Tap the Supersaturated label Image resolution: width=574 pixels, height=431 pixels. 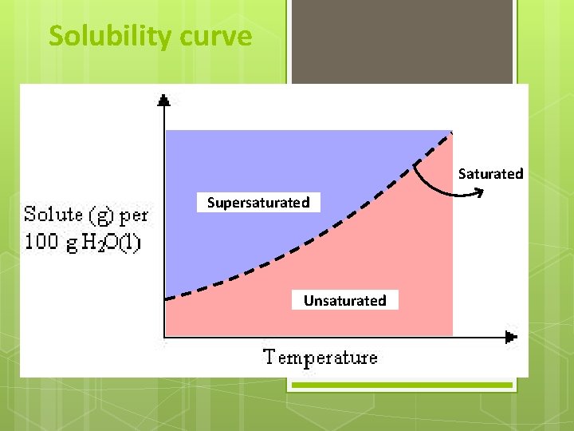[258, 203]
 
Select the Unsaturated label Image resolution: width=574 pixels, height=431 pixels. [344, 301]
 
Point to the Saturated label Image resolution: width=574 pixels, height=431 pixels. [490, 174]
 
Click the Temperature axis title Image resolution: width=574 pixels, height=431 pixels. [320, 357]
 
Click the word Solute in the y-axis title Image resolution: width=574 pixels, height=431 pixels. [53, 214]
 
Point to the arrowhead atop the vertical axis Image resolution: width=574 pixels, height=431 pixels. [163, 100]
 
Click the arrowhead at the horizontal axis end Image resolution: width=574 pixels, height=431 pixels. [511, 335]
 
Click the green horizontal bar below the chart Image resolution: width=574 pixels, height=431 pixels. [401, 386]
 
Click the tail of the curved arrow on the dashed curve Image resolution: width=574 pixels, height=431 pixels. [415, 165]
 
